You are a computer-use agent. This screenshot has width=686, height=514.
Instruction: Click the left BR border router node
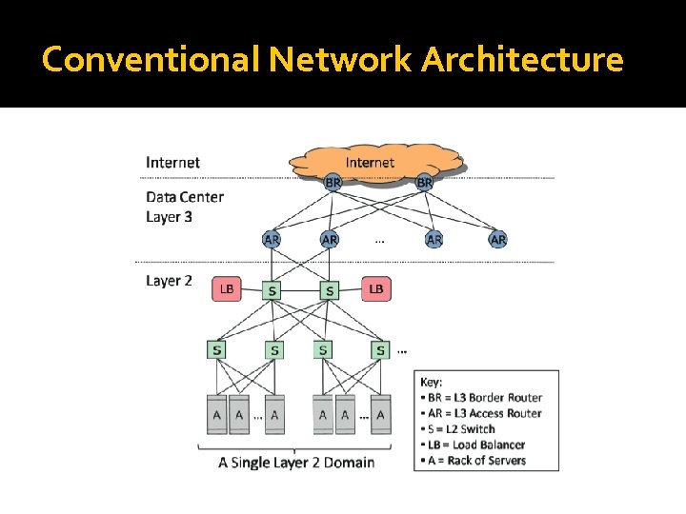tap(333, 181)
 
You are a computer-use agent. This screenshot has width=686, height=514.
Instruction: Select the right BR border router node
tap(425, 181)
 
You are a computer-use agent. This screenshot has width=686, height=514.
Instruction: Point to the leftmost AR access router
tap(272, 240)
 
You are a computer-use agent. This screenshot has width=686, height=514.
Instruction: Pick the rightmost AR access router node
tap(497, 240)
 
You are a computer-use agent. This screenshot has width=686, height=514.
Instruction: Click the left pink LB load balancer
tap(228, 288)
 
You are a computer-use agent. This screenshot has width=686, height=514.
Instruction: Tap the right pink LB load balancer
tap(375, 288)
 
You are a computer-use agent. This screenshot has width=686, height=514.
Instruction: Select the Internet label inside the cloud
tap(370, 163)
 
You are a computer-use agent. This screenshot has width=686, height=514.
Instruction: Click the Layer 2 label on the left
tap(169, 281)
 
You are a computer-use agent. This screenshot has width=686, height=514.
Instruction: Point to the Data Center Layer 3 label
tap(184, 207)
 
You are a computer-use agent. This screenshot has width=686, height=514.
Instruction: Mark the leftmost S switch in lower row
tap(217, 350)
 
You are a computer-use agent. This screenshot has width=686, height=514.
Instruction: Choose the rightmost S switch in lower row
tap(380, 350)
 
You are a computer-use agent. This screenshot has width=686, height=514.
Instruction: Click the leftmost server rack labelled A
tap(217, 414)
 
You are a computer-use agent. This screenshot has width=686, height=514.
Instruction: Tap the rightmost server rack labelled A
tap(380, 414)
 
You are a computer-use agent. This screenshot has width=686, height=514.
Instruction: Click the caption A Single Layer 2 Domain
tap(296, 463)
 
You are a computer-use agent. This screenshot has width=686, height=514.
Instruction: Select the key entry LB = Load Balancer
tap(475, 445)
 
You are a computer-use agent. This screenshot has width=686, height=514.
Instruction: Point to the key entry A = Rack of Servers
tap(475, 461)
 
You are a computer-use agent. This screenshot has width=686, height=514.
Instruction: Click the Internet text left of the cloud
tap(172, 162)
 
